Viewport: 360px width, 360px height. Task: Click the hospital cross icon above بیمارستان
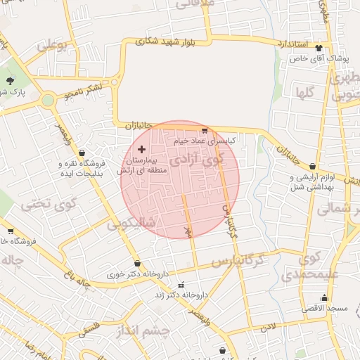coord(142,149)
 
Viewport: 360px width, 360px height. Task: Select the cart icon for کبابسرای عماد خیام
coord(205,131)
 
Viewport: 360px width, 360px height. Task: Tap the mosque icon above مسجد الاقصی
coord(324,297)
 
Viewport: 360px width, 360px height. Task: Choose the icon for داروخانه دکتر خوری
coord(137,264)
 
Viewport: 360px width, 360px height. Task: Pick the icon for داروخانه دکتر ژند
coord(182,285)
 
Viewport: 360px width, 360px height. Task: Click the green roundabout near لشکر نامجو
coord(48,100)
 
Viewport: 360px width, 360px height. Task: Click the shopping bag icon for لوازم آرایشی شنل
coord(312,167)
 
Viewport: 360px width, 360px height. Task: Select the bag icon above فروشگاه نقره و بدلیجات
coord(82,153)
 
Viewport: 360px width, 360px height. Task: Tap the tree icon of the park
coord(11,80)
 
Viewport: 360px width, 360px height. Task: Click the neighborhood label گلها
coord(304,91)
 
